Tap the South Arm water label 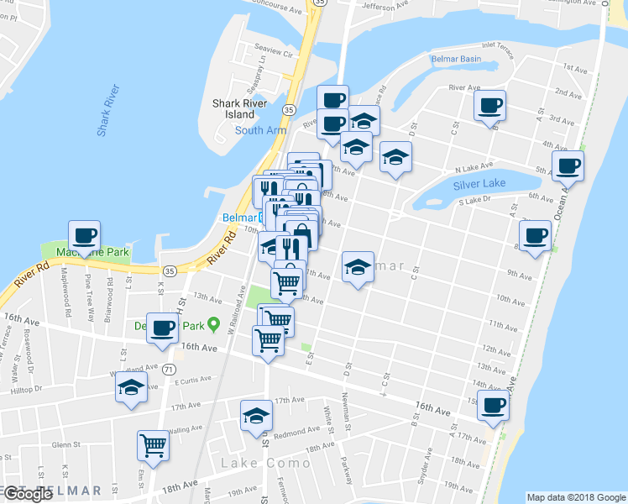click(260, 130)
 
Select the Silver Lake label click(479, 185)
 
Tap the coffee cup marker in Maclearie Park click(84, 235)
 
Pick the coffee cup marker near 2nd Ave click(489, 106)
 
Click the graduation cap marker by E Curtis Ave click(132, 387)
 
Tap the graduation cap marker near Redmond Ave click(257, 416)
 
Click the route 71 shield click(170, 369)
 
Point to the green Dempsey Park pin click(213, 323)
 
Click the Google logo click(29, 494)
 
